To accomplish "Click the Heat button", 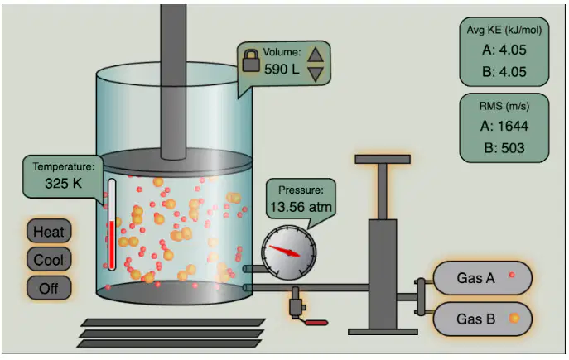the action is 49,231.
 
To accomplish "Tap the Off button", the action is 49,288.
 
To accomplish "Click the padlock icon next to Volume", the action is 251,60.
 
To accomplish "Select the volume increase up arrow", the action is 316,55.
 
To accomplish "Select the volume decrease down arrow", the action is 316,74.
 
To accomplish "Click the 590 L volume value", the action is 282,69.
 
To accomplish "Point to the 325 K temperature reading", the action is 64,183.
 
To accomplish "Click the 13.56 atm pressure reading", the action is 301,207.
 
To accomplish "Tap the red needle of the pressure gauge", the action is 285,251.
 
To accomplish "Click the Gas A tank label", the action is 475,278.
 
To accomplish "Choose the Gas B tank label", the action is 475,319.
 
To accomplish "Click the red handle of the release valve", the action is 316,322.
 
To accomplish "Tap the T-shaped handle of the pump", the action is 383,159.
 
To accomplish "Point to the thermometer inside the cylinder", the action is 112,225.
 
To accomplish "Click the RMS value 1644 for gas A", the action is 504,126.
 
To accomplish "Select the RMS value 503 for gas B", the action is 504,148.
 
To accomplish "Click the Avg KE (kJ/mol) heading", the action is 504,30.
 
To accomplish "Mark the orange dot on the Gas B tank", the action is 514,319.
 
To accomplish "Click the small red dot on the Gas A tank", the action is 512,275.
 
